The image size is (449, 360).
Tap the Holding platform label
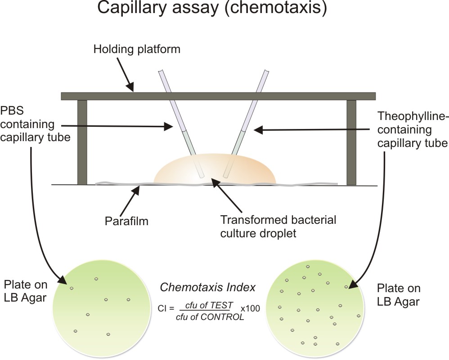point(137,49)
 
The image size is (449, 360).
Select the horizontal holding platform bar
point(218,96)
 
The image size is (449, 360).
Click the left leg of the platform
point(82,142)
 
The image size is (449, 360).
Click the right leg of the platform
point(351,142)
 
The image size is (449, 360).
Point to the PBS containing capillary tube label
point(35,124)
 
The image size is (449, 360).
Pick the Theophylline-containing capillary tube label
point(412,130)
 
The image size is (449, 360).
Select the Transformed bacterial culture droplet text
point(278,226)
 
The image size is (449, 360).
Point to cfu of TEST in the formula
point(207,305)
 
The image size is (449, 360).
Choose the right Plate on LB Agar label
point(398,294)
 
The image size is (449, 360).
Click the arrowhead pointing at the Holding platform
point(131,89)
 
